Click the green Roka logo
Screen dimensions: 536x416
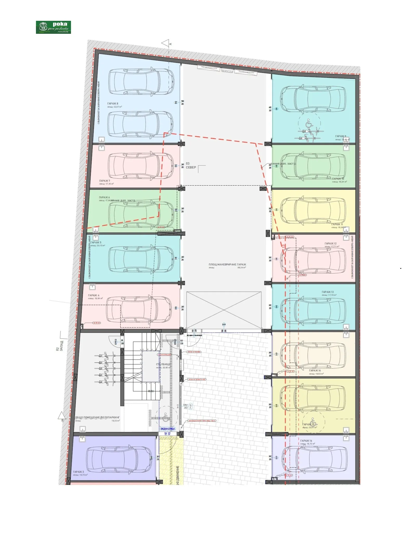(x=53, y=27)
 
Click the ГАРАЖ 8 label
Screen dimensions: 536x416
(x=113, y=103)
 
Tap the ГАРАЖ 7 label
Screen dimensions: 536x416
(x=105, y=181)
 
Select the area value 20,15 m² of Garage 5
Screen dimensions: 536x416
(x=101, y=245)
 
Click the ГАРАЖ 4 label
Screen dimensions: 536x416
(x=94, y=295)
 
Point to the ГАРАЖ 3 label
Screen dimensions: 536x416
(x=79, y=472)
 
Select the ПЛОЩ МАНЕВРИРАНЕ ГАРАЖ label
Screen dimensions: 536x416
(x=227, y=264)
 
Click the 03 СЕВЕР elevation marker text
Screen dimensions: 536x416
(x=191, y=166)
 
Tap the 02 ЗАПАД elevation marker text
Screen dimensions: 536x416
(x=60, y=346)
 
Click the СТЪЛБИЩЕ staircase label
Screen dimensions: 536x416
(x=163, y=364)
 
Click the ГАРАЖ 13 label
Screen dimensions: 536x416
(x=328, y=292)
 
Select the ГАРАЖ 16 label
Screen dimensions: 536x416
(x=306, y=441)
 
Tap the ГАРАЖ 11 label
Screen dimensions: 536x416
(x=337, y=224)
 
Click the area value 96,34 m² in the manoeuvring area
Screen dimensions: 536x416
(x=242, y=267)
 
